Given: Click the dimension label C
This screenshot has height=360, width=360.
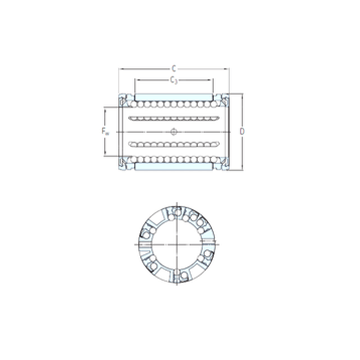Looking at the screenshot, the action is point(174,68).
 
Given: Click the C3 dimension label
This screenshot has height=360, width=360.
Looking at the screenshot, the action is point(174,80).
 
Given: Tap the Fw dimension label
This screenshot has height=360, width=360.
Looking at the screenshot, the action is point(105,131).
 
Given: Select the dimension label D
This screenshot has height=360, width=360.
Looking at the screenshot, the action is point(242,131).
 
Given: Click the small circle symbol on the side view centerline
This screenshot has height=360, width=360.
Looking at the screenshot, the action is point(174,132).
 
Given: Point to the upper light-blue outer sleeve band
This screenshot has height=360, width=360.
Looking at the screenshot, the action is point(174,97).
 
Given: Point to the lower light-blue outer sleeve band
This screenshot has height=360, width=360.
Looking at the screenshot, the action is point(174,166).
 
